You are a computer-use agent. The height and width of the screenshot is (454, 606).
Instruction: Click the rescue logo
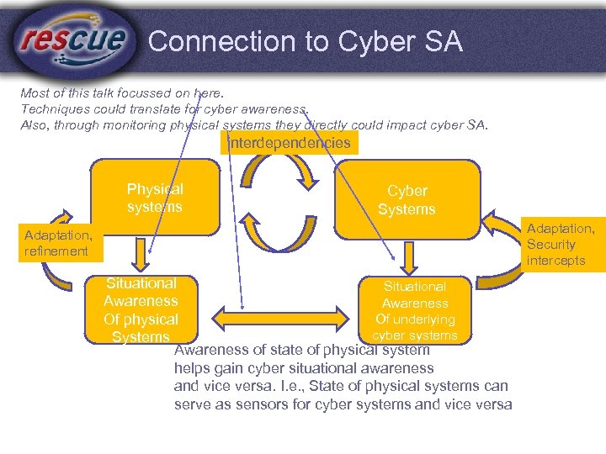74,40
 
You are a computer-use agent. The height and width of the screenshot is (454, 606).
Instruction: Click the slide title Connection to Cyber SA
305,41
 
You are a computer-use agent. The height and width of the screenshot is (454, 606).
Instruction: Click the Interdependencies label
290,143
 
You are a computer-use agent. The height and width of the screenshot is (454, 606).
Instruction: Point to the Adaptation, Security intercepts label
561,244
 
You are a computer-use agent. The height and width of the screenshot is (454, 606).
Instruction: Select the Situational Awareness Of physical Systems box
141,310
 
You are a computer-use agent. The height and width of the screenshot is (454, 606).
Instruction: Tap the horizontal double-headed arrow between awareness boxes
281,317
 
